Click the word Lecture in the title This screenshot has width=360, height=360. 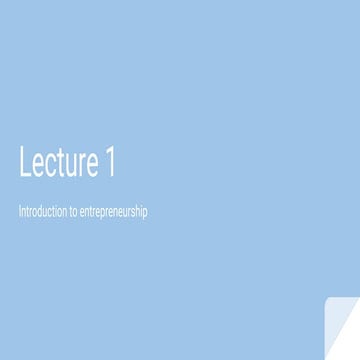(x=58, y=162)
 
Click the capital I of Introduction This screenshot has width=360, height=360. (x=20, y=212)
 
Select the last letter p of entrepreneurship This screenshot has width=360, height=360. (x=146, y=214)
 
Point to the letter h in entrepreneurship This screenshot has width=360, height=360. (x=139, y=212)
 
